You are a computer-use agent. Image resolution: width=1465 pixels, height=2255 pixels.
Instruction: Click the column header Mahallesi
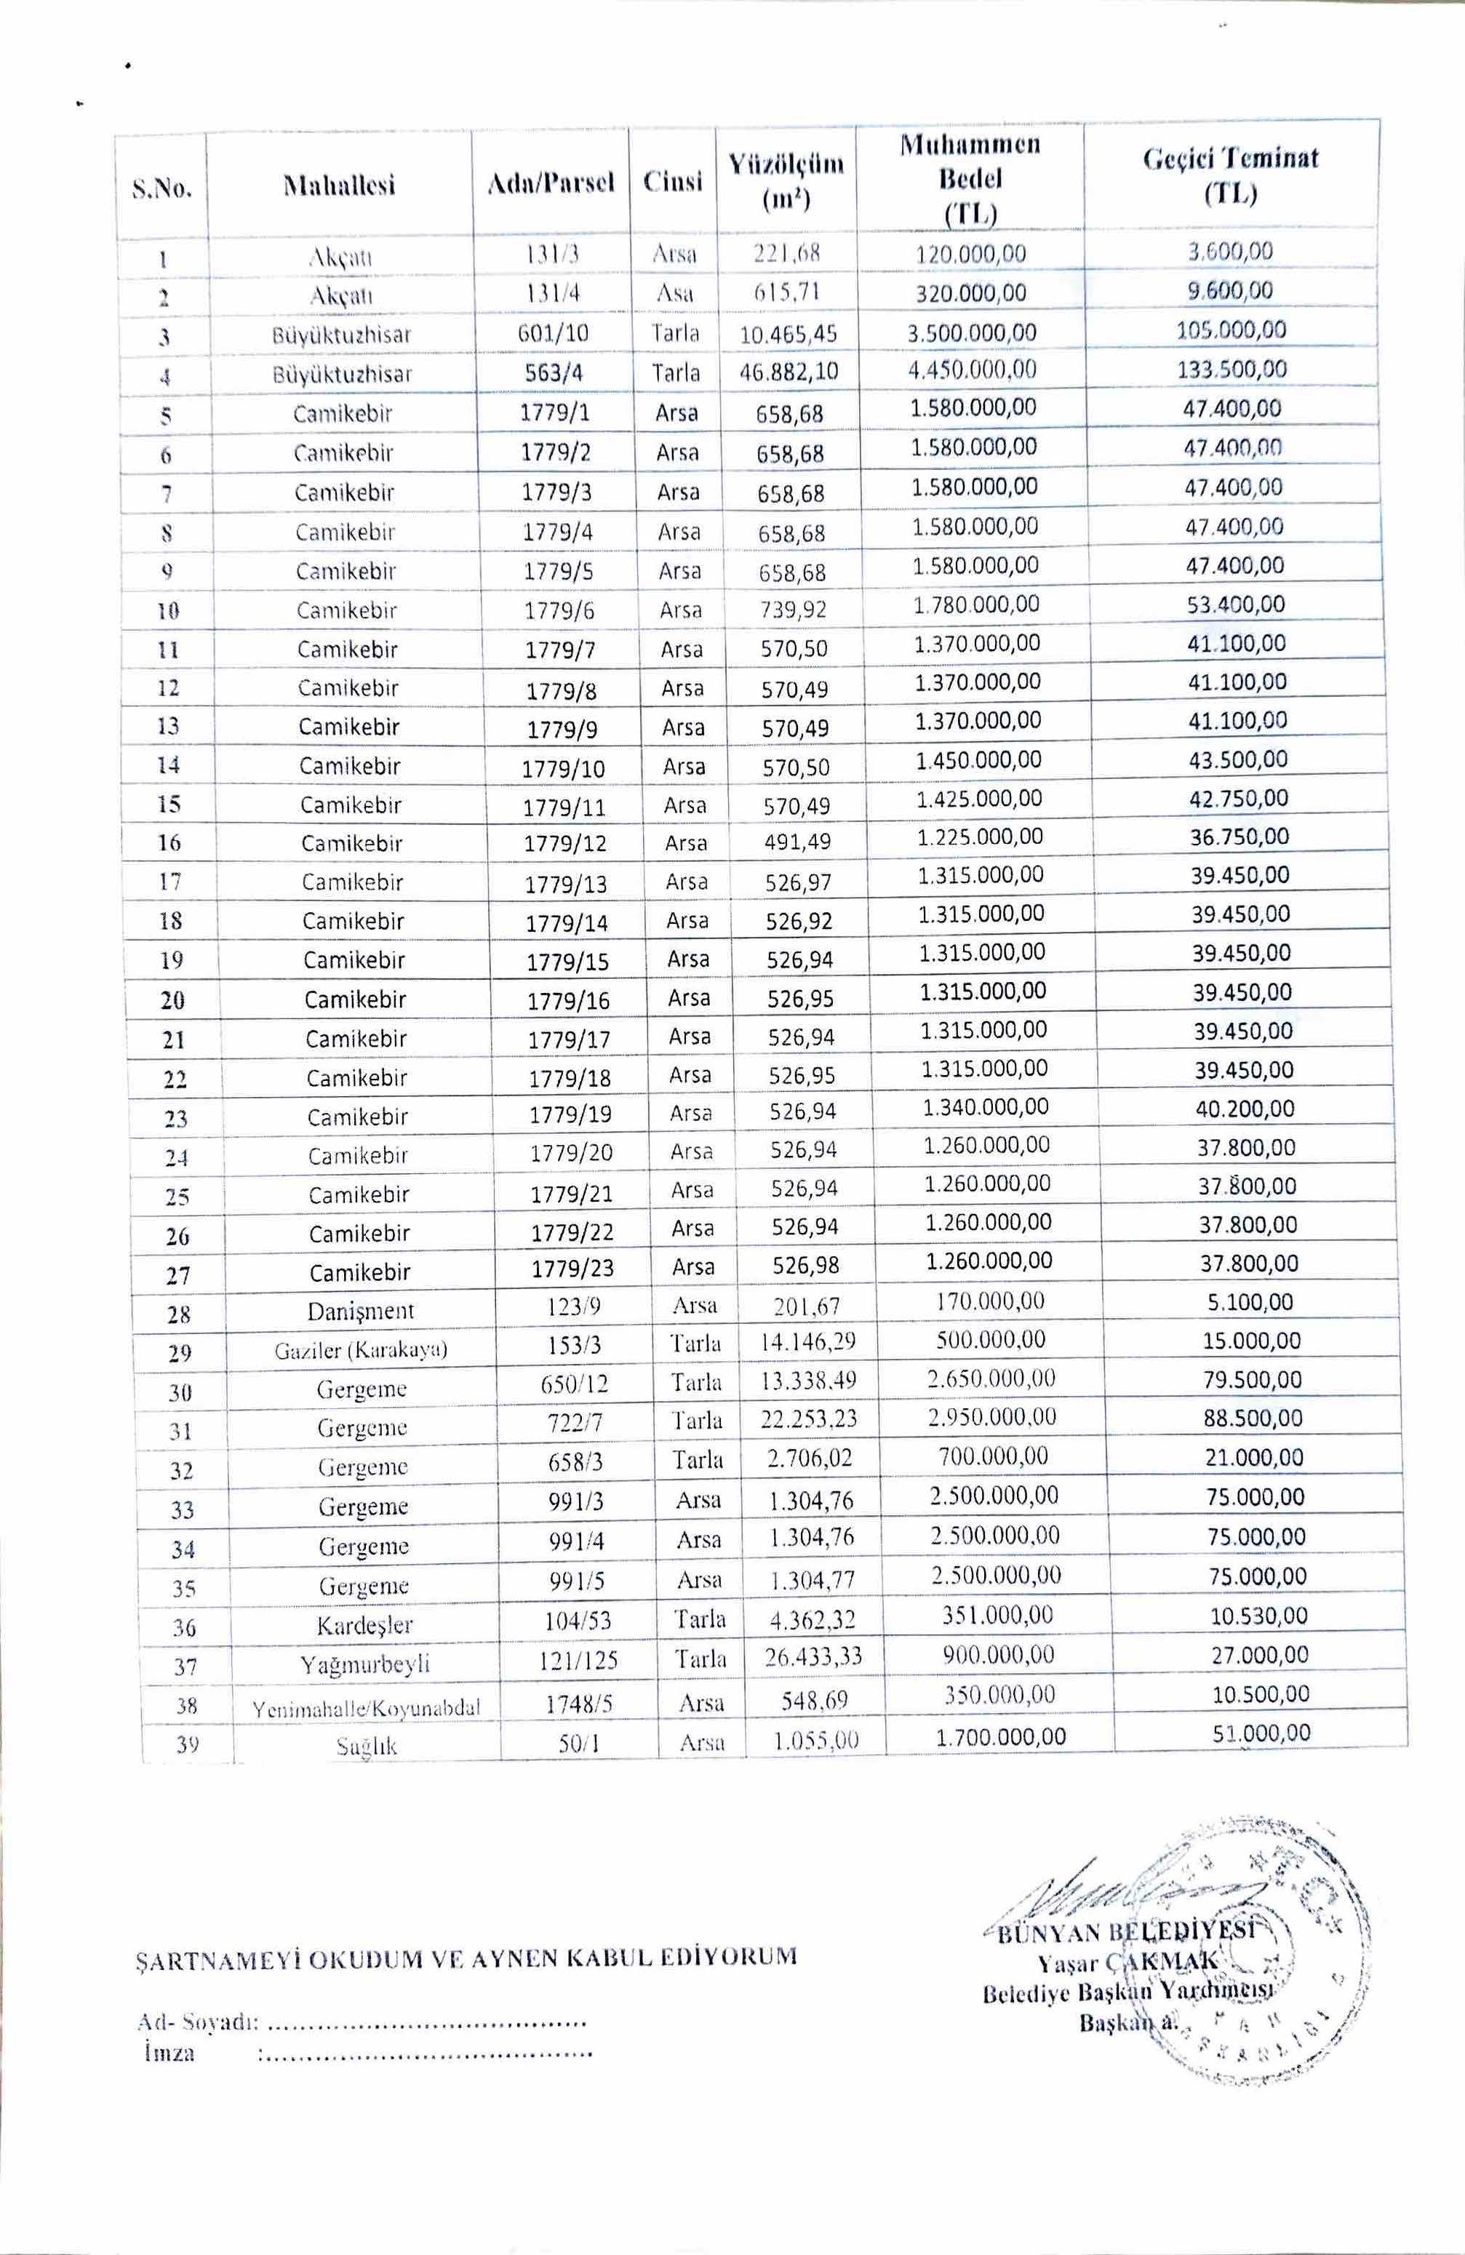click(x=339, y=184)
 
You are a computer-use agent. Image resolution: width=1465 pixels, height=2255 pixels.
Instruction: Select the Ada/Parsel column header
click(x=551, y=181)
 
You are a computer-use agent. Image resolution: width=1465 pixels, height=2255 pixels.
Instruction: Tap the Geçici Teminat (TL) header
click(x=1230, y=175)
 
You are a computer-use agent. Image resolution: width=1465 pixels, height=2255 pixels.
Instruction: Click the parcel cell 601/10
click(x=552, y=333)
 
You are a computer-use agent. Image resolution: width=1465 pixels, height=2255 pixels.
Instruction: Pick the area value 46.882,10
click(x=789, y=372)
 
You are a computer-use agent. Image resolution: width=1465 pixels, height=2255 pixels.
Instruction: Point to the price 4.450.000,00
click(x=973, y=369)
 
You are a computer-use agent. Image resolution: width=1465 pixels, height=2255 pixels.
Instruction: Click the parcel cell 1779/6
click(x=559, y=611)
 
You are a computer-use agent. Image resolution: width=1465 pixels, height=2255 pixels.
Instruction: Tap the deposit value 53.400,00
click(x=1236, y=604)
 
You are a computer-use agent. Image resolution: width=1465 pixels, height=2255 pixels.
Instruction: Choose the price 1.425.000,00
click(x=979, y=799)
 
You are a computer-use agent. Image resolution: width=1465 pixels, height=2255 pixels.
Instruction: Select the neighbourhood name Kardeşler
click(x=365, y=1626)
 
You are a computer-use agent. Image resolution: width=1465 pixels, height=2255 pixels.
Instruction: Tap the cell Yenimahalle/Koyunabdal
click(x=366, y=1708)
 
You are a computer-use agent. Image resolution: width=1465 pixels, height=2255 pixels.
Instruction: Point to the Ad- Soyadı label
click(x=197, y=2023)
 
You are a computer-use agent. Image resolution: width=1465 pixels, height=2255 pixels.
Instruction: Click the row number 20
click(x=172, y=1000)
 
